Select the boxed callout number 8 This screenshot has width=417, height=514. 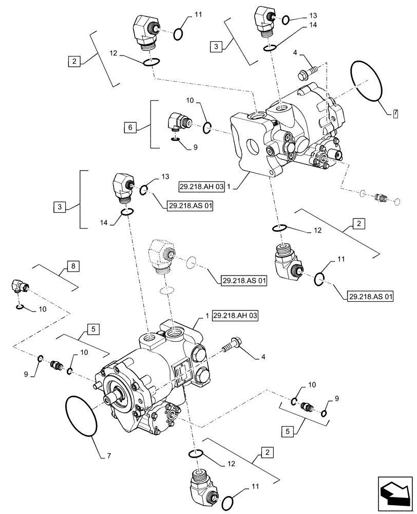pos(72,266)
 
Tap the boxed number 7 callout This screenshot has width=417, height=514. pos(394,113)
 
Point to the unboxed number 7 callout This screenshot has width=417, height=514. pos(109,456)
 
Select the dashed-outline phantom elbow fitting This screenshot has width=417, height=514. pos(160,254)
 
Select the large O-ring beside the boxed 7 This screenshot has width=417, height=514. pos(366,82)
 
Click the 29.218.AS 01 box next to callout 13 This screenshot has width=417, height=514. pos(189,206)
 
